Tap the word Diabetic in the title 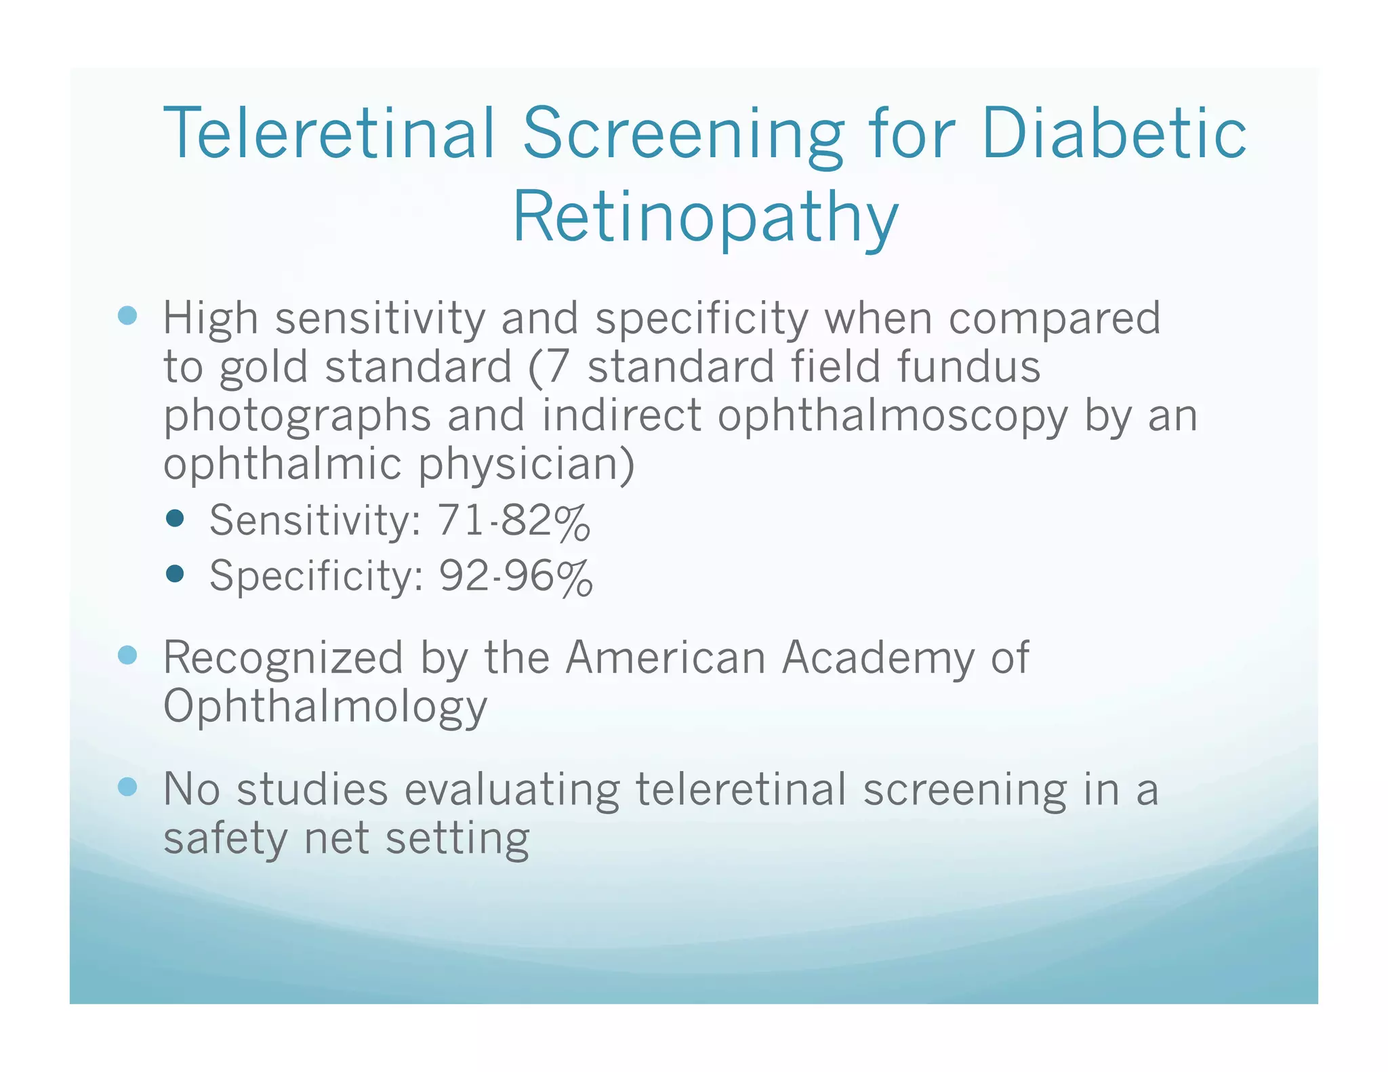tap(1113, 133)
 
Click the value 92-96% tap(516, 576)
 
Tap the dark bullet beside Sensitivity tap(175, 519)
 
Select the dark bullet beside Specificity tap(175, 574)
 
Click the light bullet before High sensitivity tap(127, 315)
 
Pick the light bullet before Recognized tap(127, 655)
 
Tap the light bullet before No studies tap(127, 787)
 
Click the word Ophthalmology tap(325, 707)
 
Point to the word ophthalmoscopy tap(893, 417)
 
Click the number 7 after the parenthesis tap(557, 367)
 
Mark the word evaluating tap(512, 791)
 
